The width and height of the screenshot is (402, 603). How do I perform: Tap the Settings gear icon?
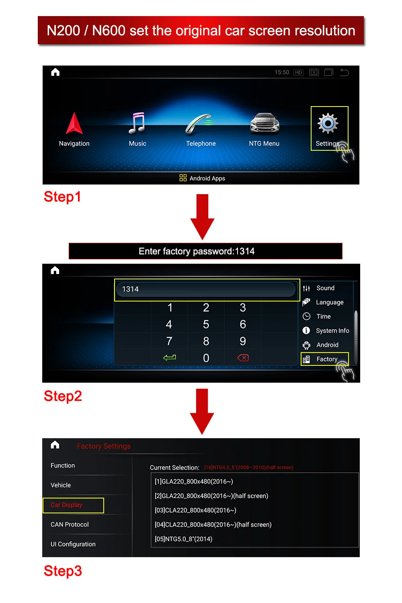[328, 123]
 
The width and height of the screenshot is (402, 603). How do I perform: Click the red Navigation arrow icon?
[74, 123]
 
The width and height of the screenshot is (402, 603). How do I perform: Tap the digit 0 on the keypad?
[206, 358]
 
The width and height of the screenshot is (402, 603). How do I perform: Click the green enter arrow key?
[169, 357]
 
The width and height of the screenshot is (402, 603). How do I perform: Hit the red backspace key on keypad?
[243, 358]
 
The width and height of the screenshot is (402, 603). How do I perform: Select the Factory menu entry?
[326, 359]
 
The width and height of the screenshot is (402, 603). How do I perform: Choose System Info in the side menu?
[332, 330]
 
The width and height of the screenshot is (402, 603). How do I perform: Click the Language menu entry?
[329, 302]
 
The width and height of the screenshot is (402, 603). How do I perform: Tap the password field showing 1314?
[206, 289]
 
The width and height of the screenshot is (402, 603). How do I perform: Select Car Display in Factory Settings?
[67, 505]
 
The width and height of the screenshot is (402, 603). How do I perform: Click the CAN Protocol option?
[70, 525]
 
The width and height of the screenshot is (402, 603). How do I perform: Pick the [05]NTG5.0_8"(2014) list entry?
[183, 539]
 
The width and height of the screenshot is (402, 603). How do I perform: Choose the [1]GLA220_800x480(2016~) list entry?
[194, 482]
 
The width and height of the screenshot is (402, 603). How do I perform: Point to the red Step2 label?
[63, 396]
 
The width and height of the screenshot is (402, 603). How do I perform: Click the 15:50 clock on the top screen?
[281, 72]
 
